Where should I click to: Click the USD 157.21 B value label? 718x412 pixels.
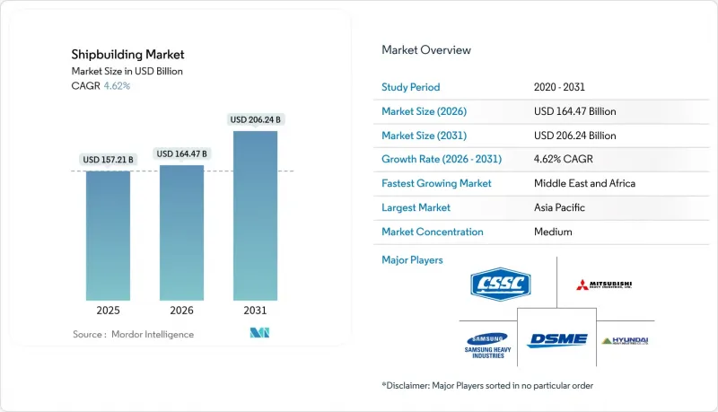108,160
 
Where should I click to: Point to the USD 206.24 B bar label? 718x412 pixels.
256,119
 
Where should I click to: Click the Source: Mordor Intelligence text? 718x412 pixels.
133,334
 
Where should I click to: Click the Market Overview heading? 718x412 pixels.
426,50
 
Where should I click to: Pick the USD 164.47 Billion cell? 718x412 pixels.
574,112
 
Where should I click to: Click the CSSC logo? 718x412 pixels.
500,285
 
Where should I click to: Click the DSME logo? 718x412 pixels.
556,340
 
